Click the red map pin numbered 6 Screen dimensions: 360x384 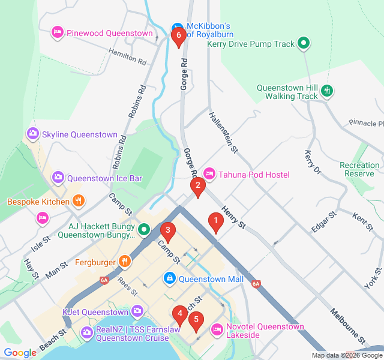click(x=177, y=37)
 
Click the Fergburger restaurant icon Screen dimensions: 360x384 click(x=125, y=261)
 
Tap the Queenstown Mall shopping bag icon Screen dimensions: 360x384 click(x=170, y=278)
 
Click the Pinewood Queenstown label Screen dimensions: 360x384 click(x=109, y=34)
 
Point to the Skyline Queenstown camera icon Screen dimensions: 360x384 click(x=33, y=134)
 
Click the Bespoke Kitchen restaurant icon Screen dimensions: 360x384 click(x=79, y=202)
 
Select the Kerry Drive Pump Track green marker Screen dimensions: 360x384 click(x=304, y=43)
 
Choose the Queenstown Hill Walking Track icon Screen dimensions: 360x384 click(x=327, y=91)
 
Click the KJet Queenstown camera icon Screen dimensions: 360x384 click(x=137, y=311)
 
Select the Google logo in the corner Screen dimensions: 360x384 click(x=20, y=353)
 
